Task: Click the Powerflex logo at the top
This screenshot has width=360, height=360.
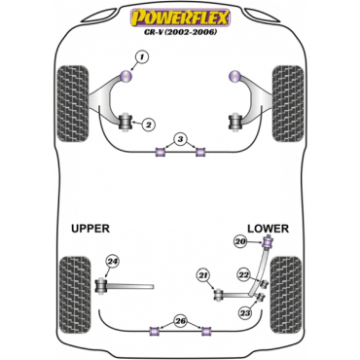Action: click(180, 18)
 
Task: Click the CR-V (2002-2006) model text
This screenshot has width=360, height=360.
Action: click(180, 32)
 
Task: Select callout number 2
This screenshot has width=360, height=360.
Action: click(148, 125)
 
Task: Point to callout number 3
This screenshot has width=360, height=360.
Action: click(180, 140)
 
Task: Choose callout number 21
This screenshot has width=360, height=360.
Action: click(203, 276)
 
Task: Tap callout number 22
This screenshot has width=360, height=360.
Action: click(243, 275)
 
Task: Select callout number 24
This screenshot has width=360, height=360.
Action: click(112, 262)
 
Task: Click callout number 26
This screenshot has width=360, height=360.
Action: click(180, 321)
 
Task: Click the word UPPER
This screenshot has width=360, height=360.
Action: click(90, 229)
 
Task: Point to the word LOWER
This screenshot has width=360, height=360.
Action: click(268, 229)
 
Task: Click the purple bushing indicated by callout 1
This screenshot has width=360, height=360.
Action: click(126, 76)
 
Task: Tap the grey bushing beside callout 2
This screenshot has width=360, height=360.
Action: click(126, 122)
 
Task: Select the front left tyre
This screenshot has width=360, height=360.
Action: click(73, 103)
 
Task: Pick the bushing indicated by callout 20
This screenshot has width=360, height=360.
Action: click(269, 242)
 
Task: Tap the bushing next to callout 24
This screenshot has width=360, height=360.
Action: click(102, 285)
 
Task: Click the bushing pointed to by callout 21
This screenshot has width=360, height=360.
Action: click(219, 295)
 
